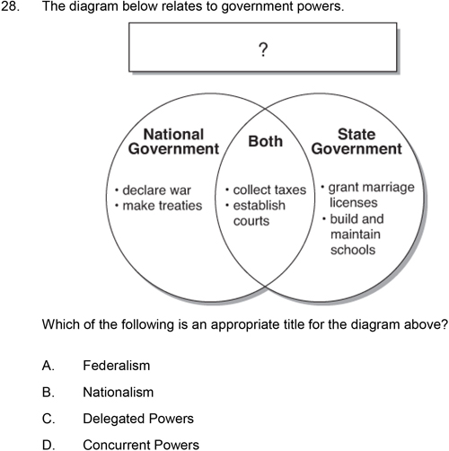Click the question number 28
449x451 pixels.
[10, 6]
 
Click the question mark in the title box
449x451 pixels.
[263, 49]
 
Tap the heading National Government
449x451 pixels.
[173, 141]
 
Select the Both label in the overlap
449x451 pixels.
[266, 141]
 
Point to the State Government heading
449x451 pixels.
[357, 141]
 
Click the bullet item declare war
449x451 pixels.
[154, 190]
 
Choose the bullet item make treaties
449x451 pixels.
[159, 206]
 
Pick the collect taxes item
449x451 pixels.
[266, 190]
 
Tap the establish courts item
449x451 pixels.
[255, 213]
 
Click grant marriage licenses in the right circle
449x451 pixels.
[368, 195]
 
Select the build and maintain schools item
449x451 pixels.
[353, 234]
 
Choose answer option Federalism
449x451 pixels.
[117, 366]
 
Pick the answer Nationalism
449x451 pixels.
[119, 392]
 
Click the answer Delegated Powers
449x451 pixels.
[138, 419]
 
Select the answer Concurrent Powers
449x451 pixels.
[141, 445]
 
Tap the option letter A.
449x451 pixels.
[48, 366]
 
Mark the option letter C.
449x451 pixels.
[48, 419]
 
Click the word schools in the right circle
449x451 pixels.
[353, 250]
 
